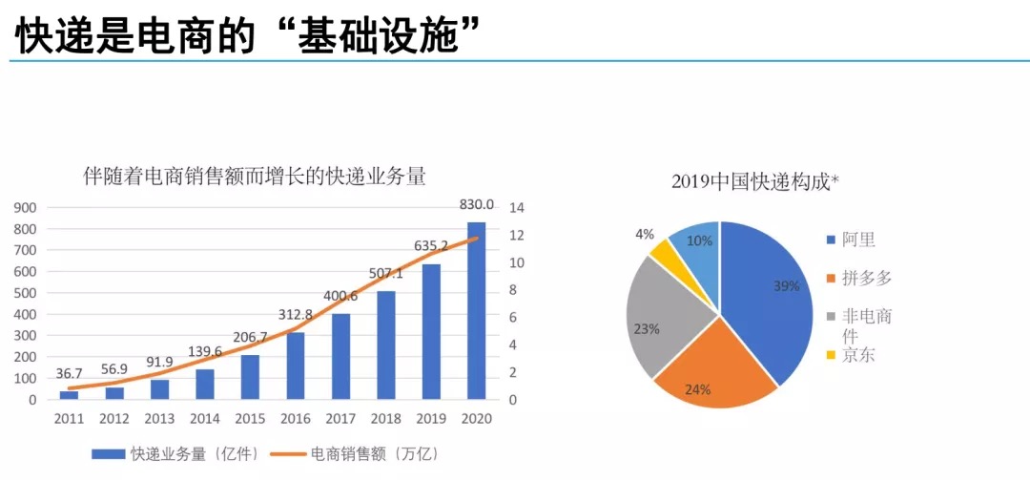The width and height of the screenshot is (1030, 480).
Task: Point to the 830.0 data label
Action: [x=476, y=204]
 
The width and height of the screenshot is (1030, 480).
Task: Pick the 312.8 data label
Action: [x=296, y=316]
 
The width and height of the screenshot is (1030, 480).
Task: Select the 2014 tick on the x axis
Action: [x=205, y=419]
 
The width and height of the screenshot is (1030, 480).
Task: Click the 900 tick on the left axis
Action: [x=25, y=208]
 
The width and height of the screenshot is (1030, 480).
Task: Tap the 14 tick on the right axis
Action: [x=517, y=208]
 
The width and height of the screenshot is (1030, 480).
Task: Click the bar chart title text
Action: [x=255, y=177]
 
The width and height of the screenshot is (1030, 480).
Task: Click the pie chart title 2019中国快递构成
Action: [x=754, y=181]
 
